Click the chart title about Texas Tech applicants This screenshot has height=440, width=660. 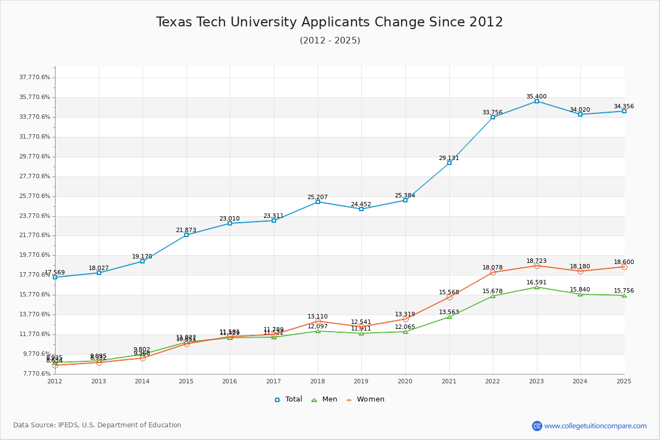329,22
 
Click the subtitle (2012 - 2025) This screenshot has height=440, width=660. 329,41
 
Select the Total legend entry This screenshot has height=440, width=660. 288,399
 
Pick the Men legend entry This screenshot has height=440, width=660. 325,399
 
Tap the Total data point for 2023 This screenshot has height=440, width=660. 537,101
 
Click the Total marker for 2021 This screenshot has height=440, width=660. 449,163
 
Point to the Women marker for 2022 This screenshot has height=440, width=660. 493,272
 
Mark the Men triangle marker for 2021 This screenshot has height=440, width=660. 449,317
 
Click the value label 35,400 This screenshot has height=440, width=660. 536,96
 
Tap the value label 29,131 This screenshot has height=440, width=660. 449,158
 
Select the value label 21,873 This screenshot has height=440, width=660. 186,230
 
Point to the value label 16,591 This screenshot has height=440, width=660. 536,282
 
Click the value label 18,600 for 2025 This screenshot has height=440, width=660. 624,262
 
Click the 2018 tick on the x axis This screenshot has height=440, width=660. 317,381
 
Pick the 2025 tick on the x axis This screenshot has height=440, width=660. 624,381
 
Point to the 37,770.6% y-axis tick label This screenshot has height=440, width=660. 35,78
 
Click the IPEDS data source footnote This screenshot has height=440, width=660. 97,425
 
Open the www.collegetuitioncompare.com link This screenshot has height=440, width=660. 595,426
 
